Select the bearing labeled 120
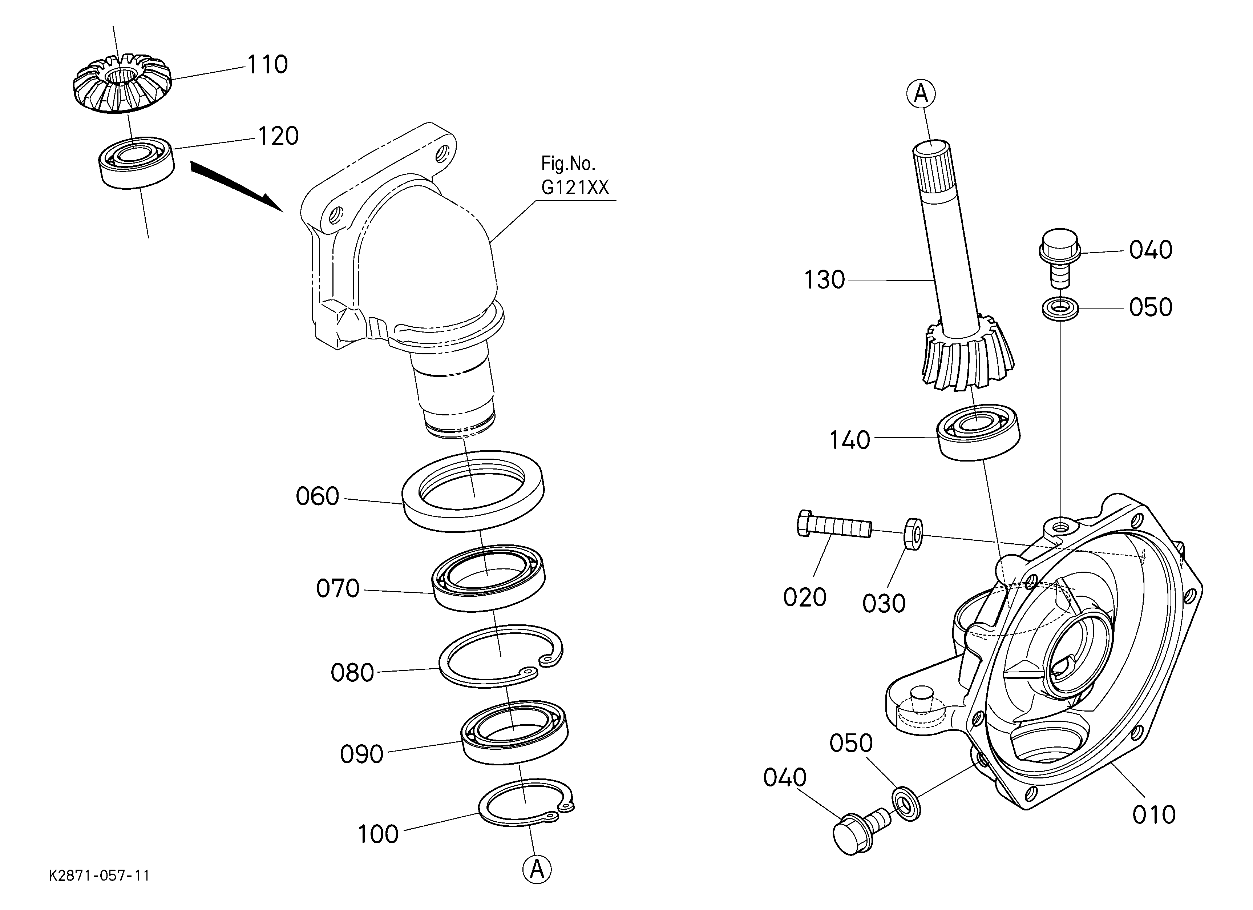coord(137,163)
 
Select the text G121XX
coord(575,188)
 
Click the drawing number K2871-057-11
coord(100,876)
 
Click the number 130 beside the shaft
coord(824,280)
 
